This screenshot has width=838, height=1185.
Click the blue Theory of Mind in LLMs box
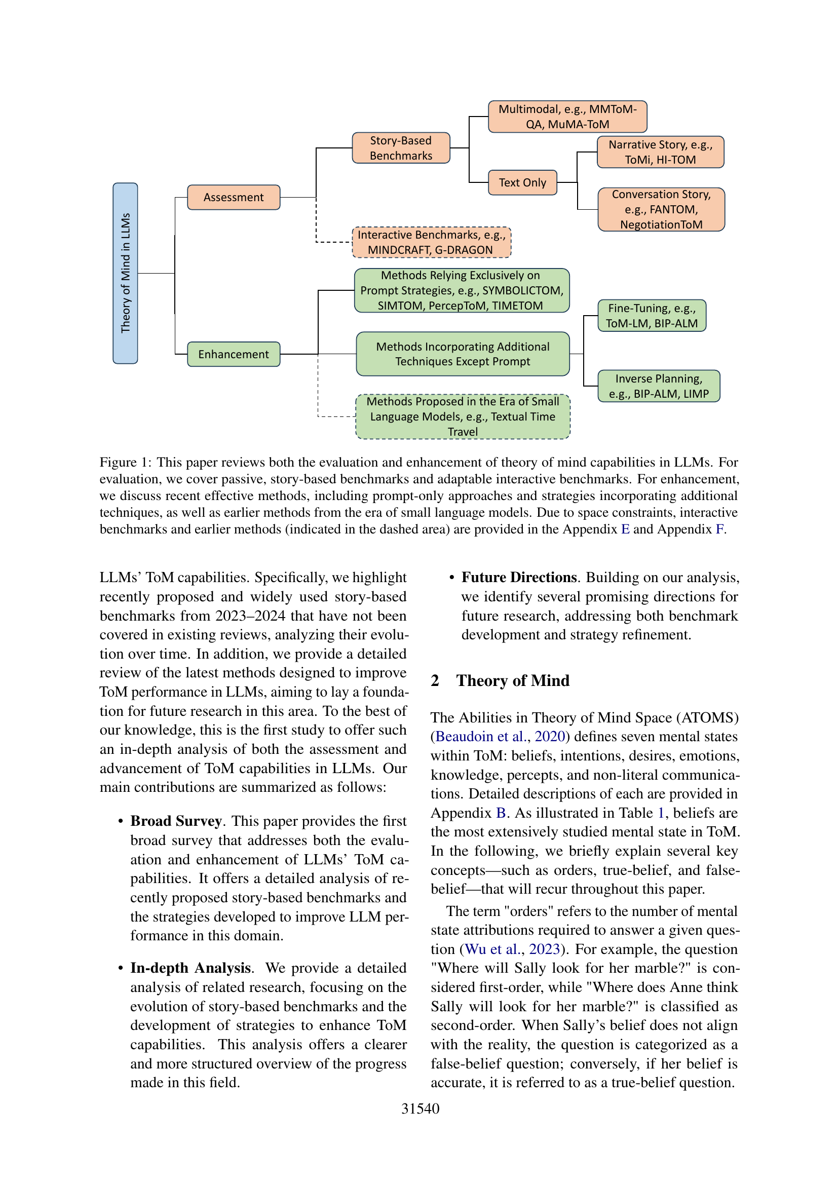(x=125, y=273)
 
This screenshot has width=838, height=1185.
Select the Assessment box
(x=233, y=197)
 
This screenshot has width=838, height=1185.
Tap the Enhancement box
(x=233, y=354)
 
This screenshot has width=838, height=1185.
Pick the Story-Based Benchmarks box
(x=401, y=148)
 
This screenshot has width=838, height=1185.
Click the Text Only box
(x=522, y=183)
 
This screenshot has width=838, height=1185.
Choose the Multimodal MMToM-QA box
(x=567, y=117)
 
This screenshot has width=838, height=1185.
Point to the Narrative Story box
(x=660, y=152)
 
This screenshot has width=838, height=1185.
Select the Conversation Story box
(x=661, y=210)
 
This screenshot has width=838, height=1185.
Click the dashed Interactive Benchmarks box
(x=431, y=243)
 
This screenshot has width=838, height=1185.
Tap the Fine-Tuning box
(x=651, y=316)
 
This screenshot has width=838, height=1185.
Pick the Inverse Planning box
(x=659, y=386)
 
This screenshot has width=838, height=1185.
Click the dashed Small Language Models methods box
(x=463, y=416)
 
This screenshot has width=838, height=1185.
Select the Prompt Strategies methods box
(x=462, y=291)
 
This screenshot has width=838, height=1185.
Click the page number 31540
(x=420, y=1108)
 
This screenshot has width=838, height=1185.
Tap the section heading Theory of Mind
(x=512, y=681)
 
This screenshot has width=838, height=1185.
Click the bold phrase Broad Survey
(x=176, y=821)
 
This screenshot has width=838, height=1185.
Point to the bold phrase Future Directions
(x=519, y=578)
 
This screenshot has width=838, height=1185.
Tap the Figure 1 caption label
(x=125, y=463)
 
